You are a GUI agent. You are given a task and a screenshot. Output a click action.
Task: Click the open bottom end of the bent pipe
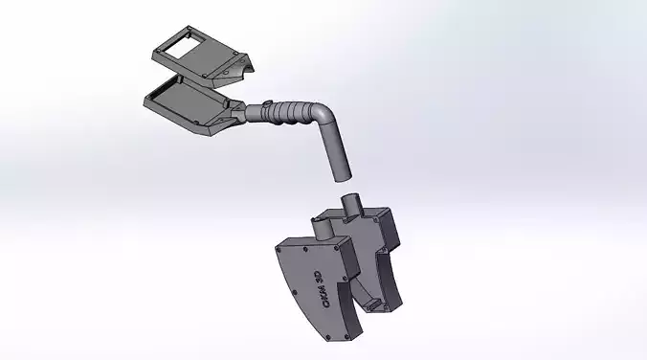pyautogui.click(x=342, y=177)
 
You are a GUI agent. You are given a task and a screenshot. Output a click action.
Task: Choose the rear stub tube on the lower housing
pyautogui.click(x=351, y=205)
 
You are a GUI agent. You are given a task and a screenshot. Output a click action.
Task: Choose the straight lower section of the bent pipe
pyautogui.click(x=335, y=152)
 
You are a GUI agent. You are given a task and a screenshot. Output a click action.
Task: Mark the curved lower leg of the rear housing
pyautogui.click(x=392, y=278)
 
